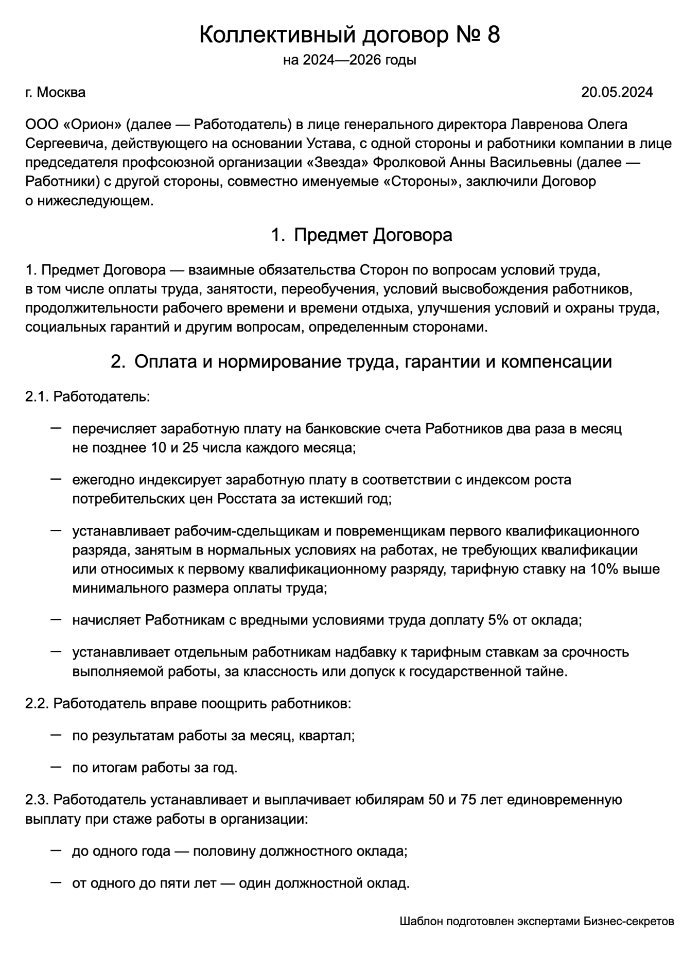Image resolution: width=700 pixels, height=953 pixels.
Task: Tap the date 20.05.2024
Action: [617, 92]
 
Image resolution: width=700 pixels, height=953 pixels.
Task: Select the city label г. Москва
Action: [56, 92]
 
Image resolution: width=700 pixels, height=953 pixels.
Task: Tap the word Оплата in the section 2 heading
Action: [165, 361]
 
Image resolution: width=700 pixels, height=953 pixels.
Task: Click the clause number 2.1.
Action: [37, 396]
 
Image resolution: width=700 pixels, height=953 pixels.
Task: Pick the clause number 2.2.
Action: [37, 703]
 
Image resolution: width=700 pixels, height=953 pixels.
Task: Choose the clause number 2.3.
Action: [37, 800]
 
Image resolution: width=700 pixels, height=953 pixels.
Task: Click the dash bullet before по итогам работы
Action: [56, 767]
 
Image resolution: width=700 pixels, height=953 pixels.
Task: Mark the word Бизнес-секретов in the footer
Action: [628, 921]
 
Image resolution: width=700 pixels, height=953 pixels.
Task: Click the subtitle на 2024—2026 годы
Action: [349, 60]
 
